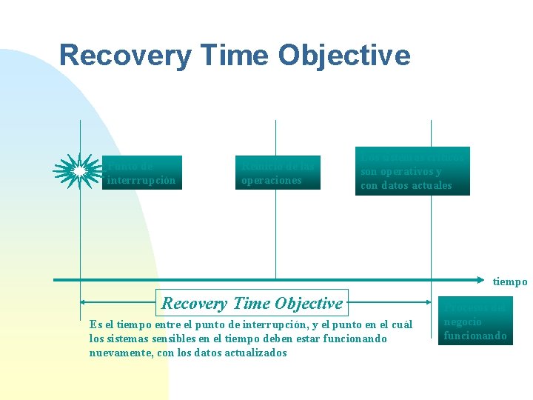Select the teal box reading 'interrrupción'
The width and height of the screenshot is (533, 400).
[x=141, y=173]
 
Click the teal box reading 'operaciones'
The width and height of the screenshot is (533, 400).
[x=278, y=173]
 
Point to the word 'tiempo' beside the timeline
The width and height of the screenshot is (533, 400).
[x=511, y=281]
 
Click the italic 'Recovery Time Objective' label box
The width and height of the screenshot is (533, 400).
[x=252, y=303]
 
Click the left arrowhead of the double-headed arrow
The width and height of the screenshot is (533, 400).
[x=84, y=303]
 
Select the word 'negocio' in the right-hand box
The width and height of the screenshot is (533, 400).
[x=463, y=322]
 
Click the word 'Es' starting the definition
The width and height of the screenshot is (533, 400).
[x=94, y=324]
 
